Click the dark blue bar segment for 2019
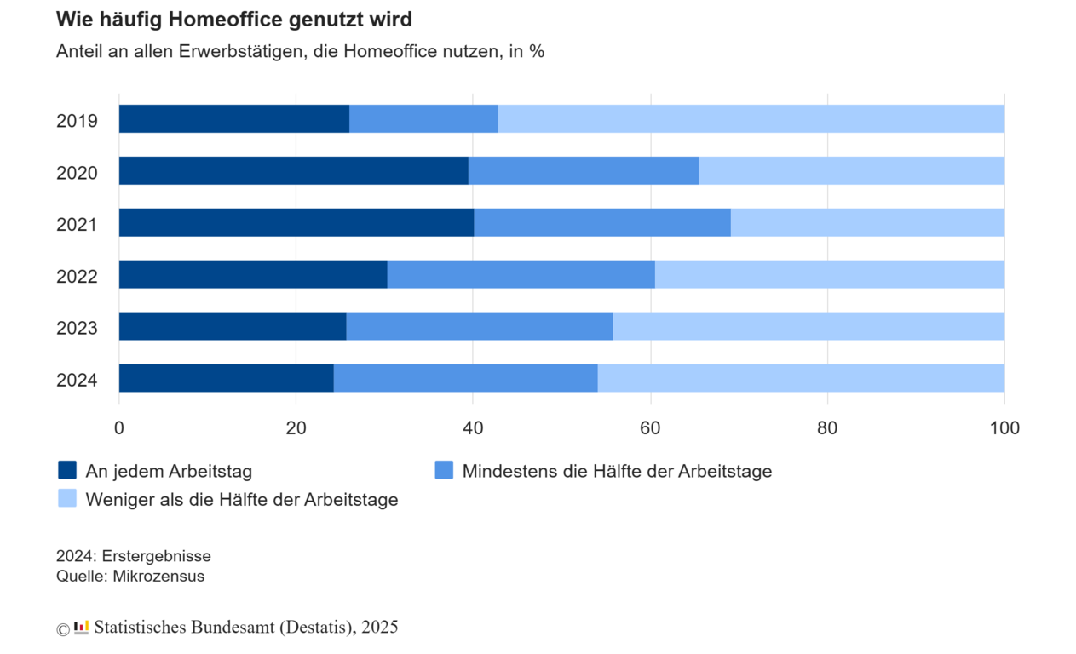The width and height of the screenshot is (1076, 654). [233, 119]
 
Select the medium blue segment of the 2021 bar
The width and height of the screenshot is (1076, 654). [601, 222]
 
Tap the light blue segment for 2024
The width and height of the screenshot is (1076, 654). [800, 378]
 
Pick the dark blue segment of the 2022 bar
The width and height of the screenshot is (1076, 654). [252, 274]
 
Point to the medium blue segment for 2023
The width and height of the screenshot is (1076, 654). [479, 326]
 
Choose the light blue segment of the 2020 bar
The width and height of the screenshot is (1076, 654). [851, 170]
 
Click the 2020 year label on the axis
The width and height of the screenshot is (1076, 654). [77, 174]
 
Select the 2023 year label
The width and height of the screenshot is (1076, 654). [77, 329]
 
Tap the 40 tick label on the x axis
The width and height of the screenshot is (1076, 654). [473, 428]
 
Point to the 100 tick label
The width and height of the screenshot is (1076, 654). [1004, 428]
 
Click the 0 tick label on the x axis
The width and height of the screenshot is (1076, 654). [119, 428]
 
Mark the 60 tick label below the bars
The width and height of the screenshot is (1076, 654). [650, 428]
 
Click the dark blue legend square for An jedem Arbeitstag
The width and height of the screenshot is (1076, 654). [67, 470]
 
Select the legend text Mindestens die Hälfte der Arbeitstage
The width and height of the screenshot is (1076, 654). [617, 471]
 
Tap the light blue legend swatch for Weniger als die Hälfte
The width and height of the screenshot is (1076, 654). [67, 499]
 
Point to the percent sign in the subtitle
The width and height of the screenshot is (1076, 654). [537, 51]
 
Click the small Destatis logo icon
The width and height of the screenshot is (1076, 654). [82, 628]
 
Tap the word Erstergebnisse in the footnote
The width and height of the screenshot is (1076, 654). [157, 556]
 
